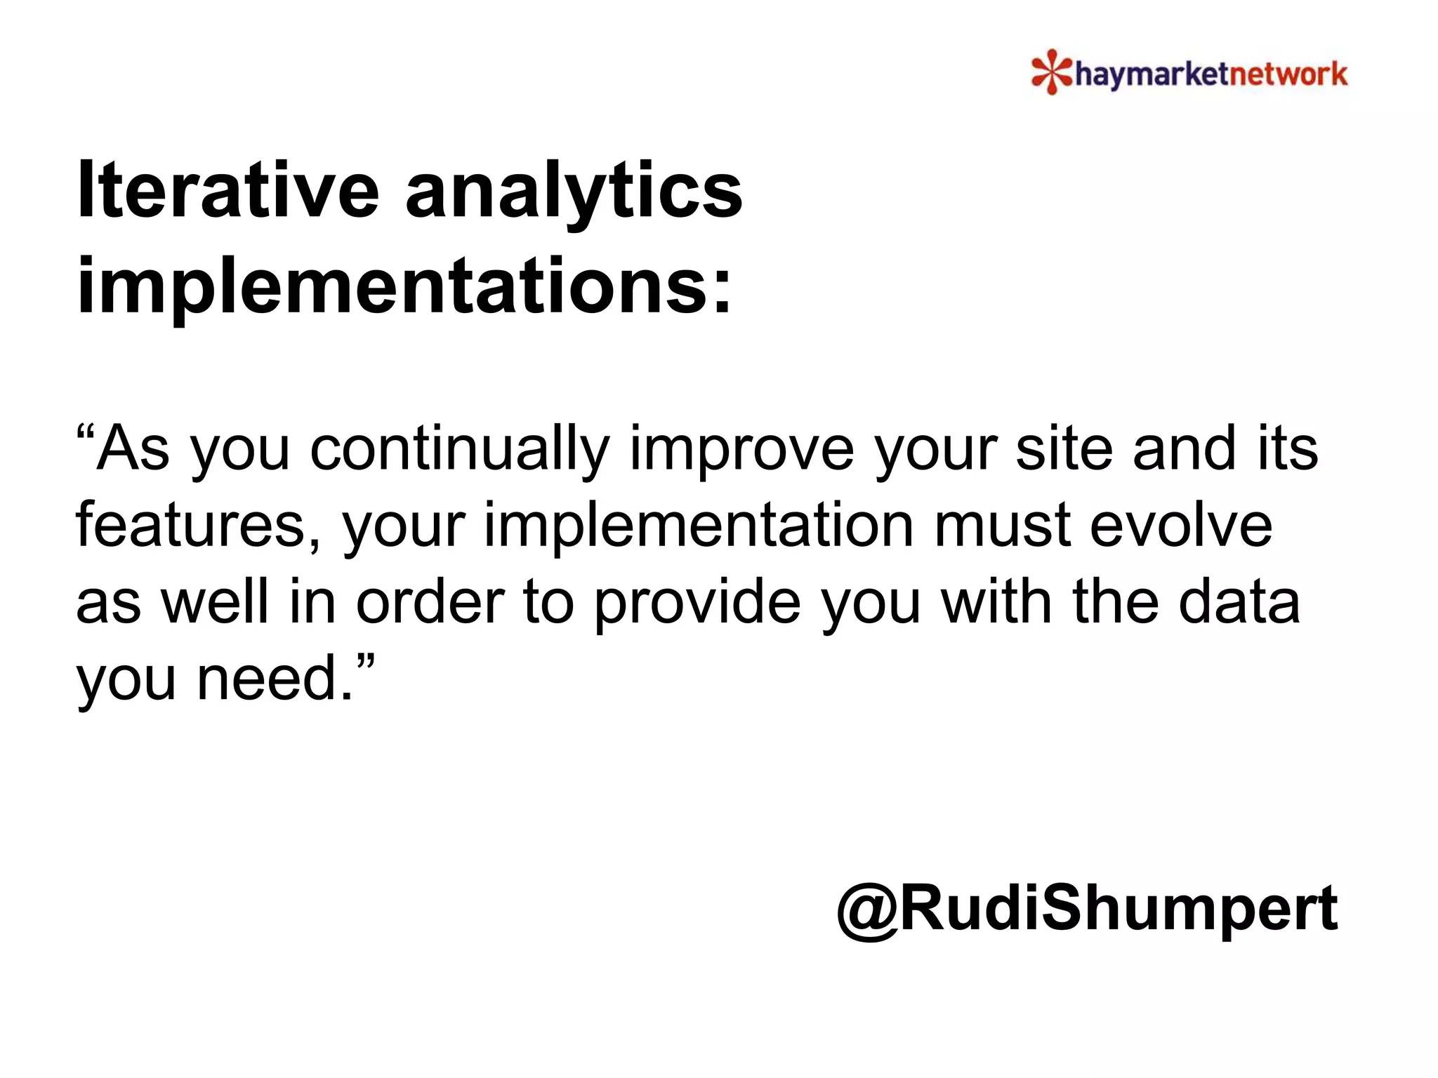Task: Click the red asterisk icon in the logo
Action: point(1052,72)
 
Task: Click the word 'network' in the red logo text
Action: point(1285,74)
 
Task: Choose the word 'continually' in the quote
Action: point(460,450)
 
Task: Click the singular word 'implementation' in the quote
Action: point(699,526)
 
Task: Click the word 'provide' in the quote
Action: point(697,604)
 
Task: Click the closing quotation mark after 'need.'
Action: point(366,660)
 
